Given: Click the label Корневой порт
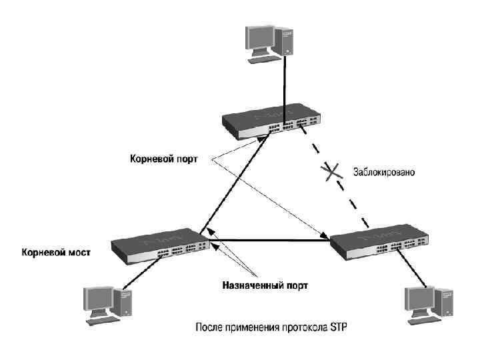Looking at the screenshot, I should point(163,159).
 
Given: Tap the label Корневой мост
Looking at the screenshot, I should point(56,253).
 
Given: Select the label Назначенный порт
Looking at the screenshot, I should point(265,285).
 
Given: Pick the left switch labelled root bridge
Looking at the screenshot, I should point(160,248).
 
